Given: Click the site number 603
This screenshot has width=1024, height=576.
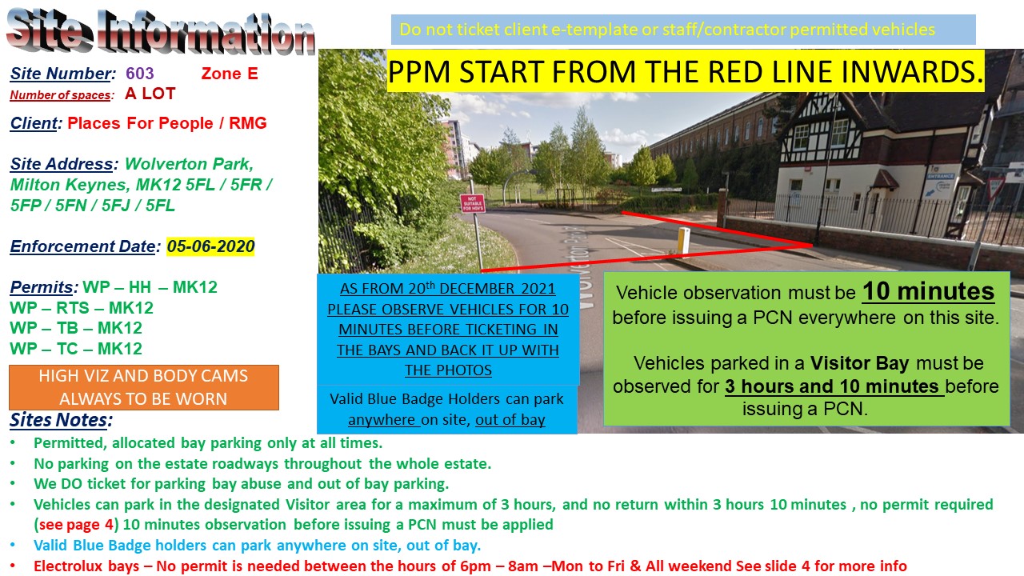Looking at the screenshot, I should coord(139,74).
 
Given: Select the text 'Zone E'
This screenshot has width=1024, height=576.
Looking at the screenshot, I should coord(229,74).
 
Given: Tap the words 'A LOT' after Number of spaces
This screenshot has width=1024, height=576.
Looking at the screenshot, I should coord(150,94).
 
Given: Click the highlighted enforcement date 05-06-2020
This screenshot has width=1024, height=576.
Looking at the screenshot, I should coord(210,246).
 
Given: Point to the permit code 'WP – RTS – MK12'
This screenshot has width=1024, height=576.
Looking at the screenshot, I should coord(82,308).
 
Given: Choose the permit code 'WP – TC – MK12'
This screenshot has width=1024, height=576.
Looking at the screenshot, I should coord(76,349).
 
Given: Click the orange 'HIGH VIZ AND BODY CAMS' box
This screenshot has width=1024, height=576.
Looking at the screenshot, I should coord(143,387).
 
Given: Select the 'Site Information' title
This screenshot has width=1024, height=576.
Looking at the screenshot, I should coord(160,32).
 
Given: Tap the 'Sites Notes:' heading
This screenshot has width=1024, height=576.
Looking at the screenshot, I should coord(61,421).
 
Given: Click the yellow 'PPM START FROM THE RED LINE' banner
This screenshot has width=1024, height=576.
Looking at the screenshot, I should coord(686,73).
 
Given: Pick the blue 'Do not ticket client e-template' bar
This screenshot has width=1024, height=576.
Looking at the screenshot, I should coord(683,30).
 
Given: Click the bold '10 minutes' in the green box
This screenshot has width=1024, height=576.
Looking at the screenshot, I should coord(928,292).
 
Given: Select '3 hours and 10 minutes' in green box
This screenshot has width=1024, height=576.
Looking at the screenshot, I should coord(832,386).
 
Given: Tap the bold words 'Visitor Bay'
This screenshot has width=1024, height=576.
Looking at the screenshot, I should coord(859,364).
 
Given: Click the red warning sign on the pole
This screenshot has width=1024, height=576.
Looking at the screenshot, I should coord(471,203).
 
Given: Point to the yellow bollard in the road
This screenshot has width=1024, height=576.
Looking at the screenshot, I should coord(684,238).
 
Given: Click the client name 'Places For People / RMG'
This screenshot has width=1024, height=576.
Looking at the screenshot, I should coord(166,123).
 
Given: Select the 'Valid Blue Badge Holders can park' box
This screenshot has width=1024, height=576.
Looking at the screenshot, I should coord(447,409).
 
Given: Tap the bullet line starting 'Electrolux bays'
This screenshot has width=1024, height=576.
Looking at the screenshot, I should coord(470,566).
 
